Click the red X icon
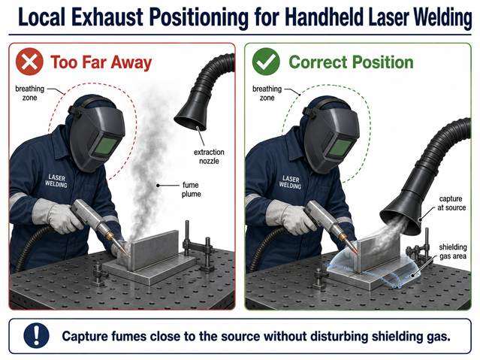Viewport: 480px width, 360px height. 29,62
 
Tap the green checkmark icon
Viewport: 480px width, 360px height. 266,62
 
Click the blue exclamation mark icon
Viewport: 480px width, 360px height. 36,336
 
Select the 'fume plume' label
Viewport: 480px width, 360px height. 192,189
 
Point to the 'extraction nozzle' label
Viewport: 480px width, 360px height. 209,156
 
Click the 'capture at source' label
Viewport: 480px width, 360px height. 451,203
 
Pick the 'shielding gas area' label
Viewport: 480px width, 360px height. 453,252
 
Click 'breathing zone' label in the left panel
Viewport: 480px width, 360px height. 30,93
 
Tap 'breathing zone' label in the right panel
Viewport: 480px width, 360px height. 267,93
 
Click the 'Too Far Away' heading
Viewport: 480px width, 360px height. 101,62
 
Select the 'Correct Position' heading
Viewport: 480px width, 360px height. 351,62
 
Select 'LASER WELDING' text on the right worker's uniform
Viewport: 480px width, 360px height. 290,182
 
